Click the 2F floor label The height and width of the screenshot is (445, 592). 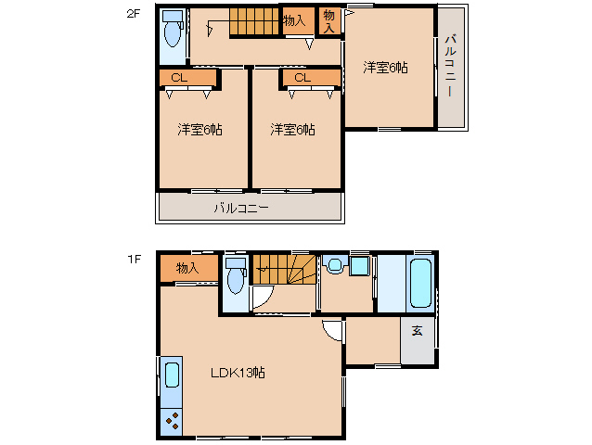point(133,14)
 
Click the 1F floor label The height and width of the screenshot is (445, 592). point(134,259)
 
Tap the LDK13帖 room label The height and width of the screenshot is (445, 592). point(238,373)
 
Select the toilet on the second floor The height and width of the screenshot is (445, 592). point(173,30)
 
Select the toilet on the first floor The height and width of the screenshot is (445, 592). point(236,276)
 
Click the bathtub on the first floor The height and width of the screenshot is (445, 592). point(420,283)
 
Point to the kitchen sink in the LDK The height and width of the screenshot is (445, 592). point(172,375)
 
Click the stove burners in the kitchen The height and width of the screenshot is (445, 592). point(173,421)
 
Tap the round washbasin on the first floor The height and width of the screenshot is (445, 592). point(335,264)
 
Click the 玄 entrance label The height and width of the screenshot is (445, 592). point(417,331)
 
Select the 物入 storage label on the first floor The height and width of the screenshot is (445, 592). point(187,268)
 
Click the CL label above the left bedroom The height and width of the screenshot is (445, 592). point(179,78)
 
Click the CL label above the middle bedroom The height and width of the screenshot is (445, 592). point(302,78)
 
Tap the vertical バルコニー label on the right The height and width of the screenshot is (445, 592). point(450,66)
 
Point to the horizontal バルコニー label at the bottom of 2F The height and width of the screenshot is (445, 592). point(241,208)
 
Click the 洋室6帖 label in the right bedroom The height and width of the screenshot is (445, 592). point(385,68)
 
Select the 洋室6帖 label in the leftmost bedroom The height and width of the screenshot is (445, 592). point(199,130)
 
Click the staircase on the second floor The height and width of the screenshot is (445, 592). point(256,22)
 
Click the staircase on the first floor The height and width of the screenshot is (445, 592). point(284,269)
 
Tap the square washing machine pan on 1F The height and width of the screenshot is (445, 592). point(359,266)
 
